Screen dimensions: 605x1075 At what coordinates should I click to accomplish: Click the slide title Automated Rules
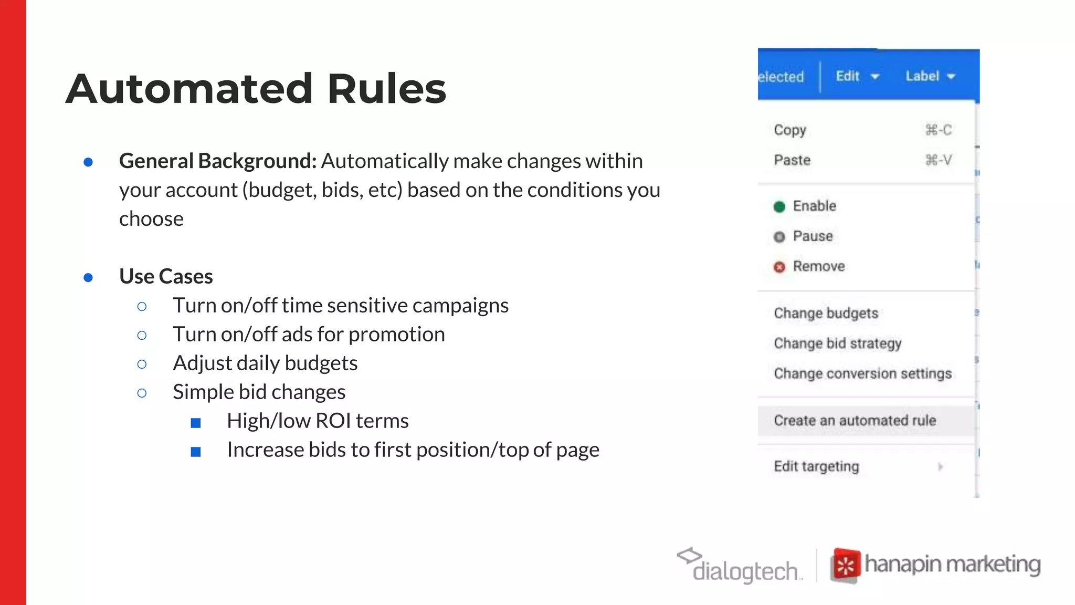256,89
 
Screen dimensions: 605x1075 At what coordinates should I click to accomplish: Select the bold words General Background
217,161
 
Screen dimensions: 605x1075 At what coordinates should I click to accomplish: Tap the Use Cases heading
166,276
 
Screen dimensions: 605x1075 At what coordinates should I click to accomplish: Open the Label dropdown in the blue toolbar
930,76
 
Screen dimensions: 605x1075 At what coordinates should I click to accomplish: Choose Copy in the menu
790,130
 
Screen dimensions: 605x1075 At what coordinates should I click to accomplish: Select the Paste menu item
792,160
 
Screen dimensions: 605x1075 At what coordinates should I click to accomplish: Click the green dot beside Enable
779,206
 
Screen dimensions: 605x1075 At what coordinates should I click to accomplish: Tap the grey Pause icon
779,237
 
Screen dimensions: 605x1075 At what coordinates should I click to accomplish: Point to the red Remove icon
779,267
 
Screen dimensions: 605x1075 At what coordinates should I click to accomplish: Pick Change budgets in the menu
826,314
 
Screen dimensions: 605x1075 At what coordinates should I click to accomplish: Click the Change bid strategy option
837,343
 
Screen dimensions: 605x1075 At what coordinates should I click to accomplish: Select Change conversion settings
862,373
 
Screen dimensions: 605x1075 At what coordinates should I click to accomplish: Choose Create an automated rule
855,421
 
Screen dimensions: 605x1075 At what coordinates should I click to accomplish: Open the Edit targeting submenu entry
816,466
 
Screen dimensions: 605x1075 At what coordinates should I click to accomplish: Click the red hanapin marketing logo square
846,566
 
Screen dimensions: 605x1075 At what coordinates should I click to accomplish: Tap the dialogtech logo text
745,571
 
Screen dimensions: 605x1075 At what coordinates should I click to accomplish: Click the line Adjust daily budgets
265,363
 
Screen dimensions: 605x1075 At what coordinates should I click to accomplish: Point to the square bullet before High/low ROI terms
196,423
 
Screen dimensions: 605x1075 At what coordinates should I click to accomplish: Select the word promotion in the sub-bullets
396,335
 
